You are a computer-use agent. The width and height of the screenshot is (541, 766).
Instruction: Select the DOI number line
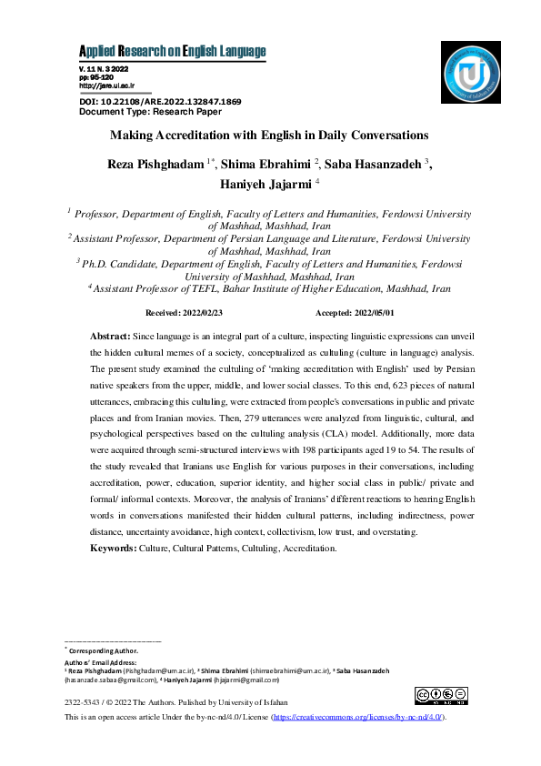tap(160, 101)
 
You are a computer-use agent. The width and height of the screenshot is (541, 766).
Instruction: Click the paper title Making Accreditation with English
tap(269, 136)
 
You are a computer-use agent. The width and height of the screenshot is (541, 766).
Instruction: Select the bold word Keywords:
tap(113, 549)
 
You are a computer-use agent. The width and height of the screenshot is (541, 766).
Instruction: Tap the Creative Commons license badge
tap(441, 696)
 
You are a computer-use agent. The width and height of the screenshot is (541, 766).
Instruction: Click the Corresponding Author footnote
tap(104, 651)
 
